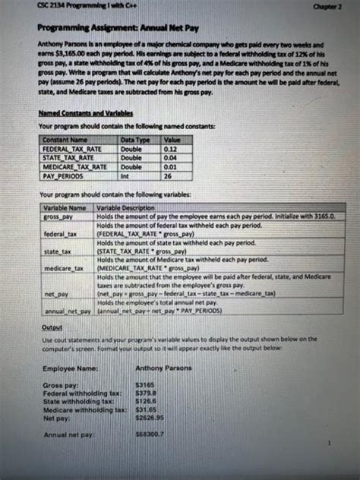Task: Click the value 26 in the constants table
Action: pyautogui.click(x=168, y=175)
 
